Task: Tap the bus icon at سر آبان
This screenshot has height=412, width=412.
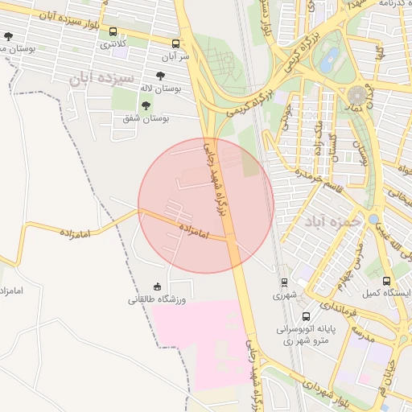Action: click(x=176, y=43)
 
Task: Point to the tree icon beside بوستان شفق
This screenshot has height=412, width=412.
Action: click(x=146, y=105)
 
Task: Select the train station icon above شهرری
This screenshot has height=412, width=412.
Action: click(x=284, y=282)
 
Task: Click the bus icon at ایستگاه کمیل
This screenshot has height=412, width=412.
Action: click(x=387, y=281)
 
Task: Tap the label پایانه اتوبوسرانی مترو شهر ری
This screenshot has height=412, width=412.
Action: click(x=303, y=335)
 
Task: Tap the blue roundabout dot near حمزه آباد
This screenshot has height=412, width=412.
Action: click(x=373, y=218)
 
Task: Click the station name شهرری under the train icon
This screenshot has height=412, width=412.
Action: click(x=284, y=296)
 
